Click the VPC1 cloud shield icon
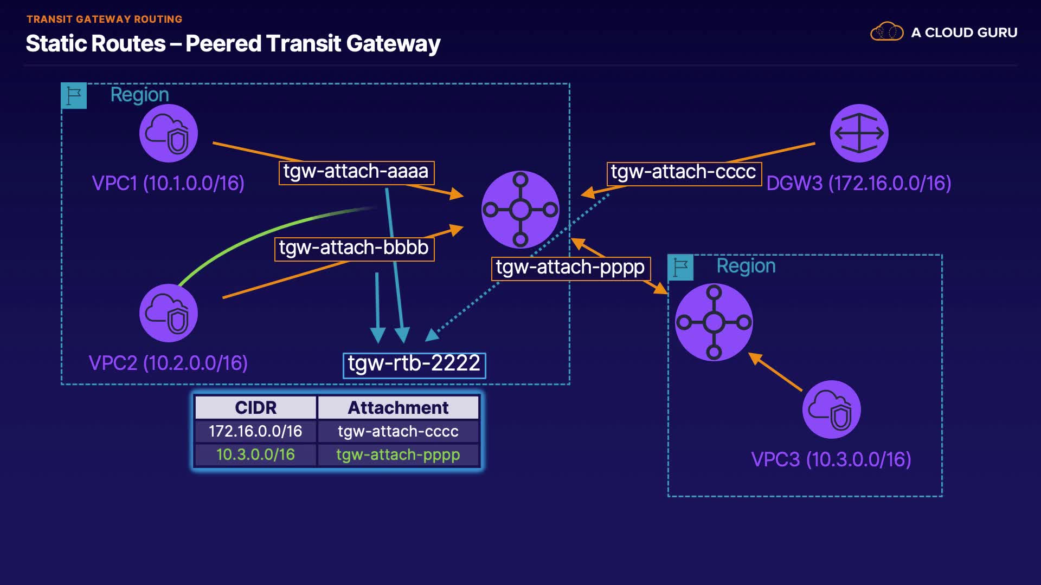[x=168, y=133]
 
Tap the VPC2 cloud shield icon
[x=168, y=313]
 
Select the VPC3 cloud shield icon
[x=831, y=409]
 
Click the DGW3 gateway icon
[x=859, y=133]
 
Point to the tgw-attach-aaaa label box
[x=356, y=172]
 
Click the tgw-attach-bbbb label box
[x=354, y=249]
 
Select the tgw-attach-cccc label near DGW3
[x=684, y=173]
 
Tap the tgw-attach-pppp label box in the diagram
[x=570, y=268]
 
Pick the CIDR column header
[x=255, y=407]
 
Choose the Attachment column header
[x=398, y=407]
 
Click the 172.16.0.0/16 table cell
[x=255, y=431]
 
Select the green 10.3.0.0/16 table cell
[x=255, y=454]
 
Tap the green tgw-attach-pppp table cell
[x=398, y=454]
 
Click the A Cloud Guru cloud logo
[x=886, y=32]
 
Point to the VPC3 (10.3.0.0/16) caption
[x=831, y=459]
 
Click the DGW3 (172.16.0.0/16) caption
[x=859, y=183]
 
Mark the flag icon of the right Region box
[x=680, y=267]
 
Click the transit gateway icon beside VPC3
[x=714, y=322]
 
